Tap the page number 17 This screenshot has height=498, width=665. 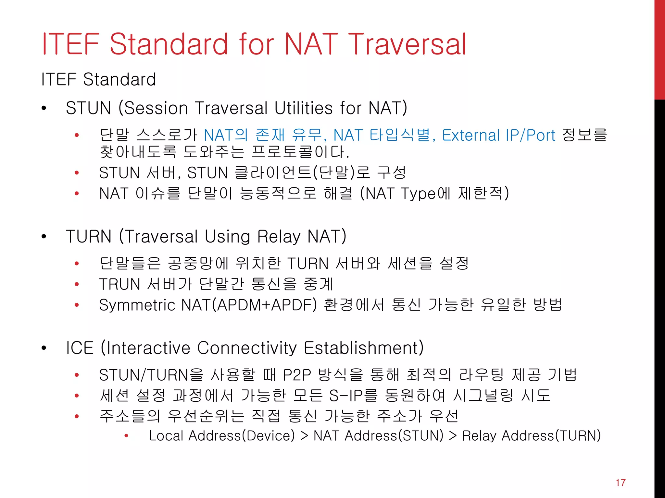[620, 482]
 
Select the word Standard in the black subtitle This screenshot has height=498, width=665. [119, 79]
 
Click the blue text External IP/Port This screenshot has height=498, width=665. [498, 135]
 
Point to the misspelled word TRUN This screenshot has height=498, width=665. [119, 284]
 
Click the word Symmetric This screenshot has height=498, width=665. [137, 305]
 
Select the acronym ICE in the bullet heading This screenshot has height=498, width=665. [80, 348]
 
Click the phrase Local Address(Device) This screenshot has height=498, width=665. [222, 435]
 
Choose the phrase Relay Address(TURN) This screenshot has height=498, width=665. [531, 435]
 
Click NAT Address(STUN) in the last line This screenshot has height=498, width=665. [378, 435]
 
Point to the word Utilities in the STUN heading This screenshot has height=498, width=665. [303, 108]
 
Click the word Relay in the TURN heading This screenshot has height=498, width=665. [279, 236]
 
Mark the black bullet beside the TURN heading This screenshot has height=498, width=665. [44, 237]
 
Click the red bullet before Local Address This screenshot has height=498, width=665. [126, 436]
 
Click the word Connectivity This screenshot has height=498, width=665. [247, 348]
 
